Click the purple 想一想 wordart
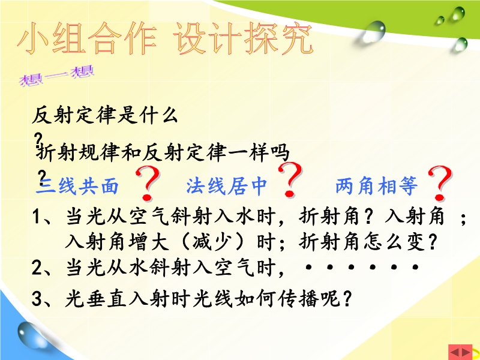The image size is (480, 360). point(56,76)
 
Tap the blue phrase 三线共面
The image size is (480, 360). point(77,186)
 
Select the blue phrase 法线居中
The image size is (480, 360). point(227,185)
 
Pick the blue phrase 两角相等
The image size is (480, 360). point(377,185)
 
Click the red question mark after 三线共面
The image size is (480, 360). point(148,184)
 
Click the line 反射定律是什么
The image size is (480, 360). point(104,115)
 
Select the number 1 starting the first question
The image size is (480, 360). point(37,217)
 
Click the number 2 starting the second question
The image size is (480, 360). point(37,267)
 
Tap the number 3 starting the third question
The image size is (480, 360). point(37,298)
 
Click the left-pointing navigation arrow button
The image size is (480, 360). point(455,353)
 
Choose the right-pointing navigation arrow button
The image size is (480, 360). point(466,353)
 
